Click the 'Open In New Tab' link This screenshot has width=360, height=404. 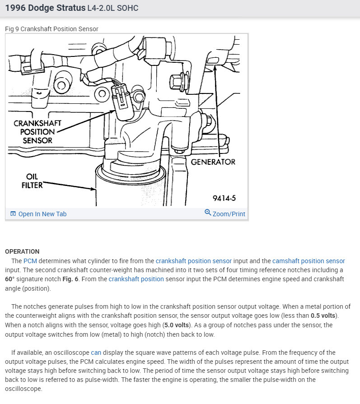[42, 214]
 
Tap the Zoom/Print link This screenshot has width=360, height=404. [229, 214]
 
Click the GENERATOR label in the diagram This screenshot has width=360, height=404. [213, 162]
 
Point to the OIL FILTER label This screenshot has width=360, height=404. [32, 181]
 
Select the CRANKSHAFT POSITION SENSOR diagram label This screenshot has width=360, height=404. [37, 132]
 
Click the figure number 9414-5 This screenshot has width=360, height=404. [224, 199]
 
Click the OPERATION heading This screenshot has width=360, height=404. [22, 251]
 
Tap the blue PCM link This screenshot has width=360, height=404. [30, 261]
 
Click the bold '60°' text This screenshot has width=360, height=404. [10, 279]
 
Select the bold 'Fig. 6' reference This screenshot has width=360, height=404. [70, 279]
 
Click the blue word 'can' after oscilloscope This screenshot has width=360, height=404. [96, 353]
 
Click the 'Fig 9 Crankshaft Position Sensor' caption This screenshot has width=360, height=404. [51, 29]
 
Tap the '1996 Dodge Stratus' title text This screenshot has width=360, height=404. [45, 8]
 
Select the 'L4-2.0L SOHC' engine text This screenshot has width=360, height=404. [112, 8]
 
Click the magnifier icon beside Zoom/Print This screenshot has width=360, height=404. [208, 212]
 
